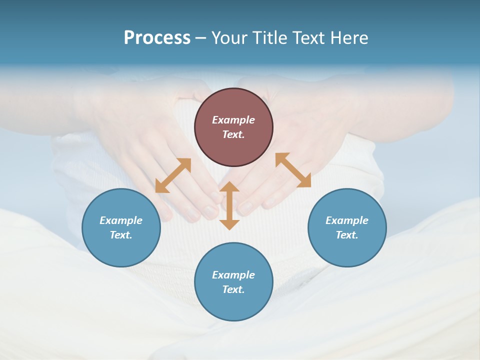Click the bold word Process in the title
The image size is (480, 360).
point(157,38)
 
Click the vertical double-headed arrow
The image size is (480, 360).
point(229,205)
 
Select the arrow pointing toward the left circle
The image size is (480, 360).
point(173,175)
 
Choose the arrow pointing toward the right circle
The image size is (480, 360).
point(293,170)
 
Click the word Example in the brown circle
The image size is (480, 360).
point(233,120)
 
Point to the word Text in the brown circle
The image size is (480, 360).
point(233,134)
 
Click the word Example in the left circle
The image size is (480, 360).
point(121,220)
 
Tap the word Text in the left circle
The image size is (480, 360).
point(121,235)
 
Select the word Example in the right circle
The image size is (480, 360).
point(347,220)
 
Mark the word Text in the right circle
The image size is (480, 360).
point(347,235)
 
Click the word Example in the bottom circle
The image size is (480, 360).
point(233,275)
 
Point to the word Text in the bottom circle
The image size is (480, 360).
point(233,289)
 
